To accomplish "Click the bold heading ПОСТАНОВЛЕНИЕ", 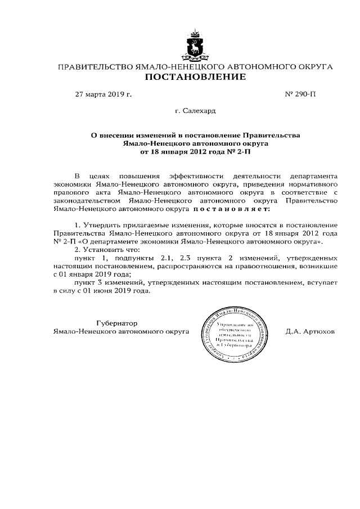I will coord(195,77).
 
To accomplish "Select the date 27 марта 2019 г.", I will coord(103,94).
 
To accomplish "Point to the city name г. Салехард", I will coord(195,111).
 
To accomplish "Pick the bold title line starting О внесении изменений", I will coord(195,136).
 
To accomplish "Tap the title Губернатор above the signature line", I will coord(117,323).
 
